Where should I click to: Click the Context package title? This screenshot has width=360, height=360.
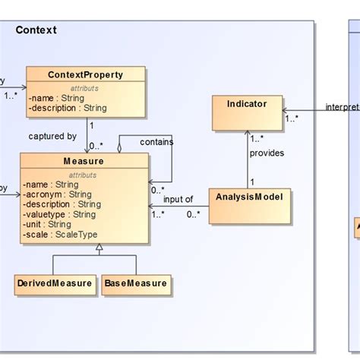click(x=36, y=30)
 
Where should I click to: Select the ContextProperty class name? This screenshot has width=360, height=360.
click(x=85, y=74)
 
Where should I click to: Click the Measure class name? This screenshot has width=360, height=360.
click(x=84, y=161)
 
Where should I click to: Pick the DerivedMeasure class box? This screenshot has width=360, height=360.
click(x=55, y=285)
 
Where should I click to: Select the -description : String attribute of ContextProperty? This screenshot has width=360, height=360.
click(x=68, y=108)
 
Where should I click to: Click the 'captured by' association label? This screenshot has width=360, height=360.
click(x=53, y=137)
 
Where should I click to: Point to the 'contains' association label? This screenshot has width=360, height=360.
click(x=156, y=141)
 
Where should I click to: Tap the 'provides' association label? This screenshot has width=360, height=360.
click(x=267, y=153)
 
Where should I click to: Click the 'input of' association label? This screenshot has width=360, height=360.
click(x=178, y=199)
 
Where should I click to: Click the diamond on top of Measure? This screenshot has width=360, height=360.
click(x=119, y=148)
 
